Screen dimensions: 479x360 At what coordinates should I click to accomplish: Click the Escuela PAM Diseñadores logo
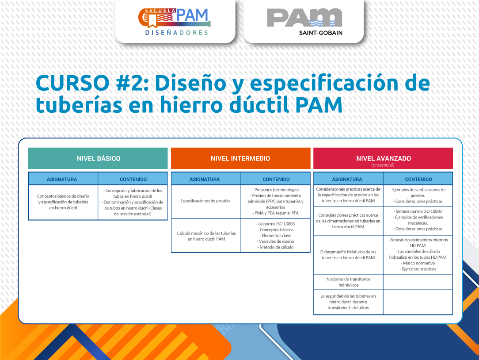point(175,22)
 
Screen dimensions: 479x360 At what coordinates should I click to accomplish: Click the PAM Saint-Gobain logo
point(304,22)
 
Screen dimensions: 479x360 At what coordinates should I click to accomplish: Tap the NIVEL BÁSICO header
point(98,158)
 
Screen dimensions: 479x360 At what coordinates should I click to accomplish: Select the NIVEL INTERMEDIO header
point(240,158)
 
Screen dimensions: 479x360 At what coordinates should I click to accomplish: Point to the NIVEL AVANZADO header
point(383,158)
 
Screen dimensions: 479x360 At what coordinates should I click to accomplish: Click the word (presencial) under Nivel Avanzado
point(383,165)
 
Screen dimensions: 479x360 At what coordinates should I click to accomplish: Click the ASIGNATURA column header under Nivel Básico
point(62,179)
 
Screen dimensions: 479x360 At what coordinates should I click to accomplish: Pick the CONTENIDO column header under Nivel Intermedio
point(276,179)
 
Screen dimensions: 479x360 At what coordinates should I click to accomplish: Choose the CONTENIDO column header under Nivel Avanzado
point(418,179)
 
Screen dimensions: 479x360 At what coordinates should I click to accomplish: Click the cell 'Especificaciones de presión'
point(205,201)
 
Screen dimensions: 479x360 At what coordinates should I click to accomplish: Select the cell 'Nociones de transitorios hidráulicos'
point(348,282)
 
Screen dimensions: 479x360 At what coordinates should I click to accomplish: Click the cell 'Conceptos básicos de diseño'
point(63,202)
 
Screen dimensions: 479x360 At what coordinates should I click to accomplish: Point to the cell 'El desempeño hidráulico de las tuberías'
point(348,255)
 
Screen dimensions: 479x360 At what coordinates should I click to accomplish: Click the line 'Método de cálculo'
point(276,247)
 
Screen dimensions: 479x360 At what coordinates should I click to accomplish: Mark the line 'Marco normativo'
point(418,263)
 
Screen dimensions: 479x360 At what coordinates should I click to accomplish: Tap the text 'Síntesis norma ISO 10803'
point(418,211)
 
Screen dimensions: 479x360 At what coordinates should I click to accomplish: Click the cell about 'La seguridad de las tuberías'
point(348,302)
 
